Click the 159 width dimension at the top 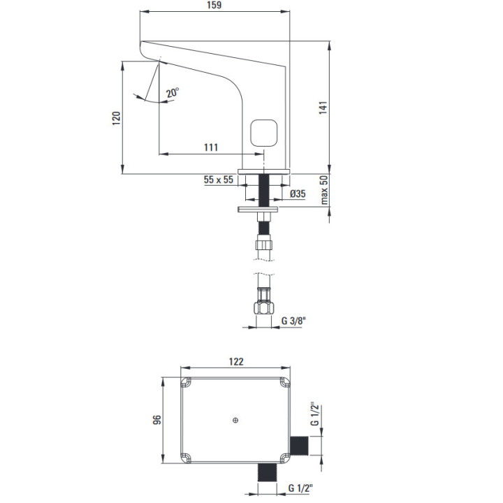[215, 6]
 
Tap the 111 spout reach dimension [210, 147]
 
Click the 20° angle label [173, 92]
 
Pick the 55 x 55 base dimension [218, 180]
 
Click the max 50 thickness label [325, 190]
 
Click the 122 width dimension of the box [237, 361]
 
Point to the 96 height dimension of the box [157, 419]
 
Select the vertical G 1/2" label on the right [314, 414]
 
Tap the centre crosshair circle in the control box [236, 421]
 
